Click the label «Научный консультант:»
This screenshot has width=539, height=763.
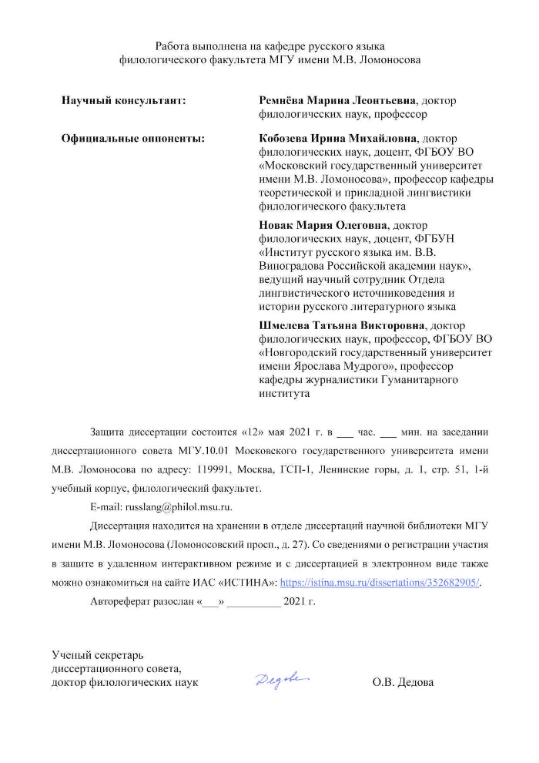click(x=123, y=101)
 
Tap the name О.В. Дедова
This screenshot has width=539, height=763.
click(x=402, y=683)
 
